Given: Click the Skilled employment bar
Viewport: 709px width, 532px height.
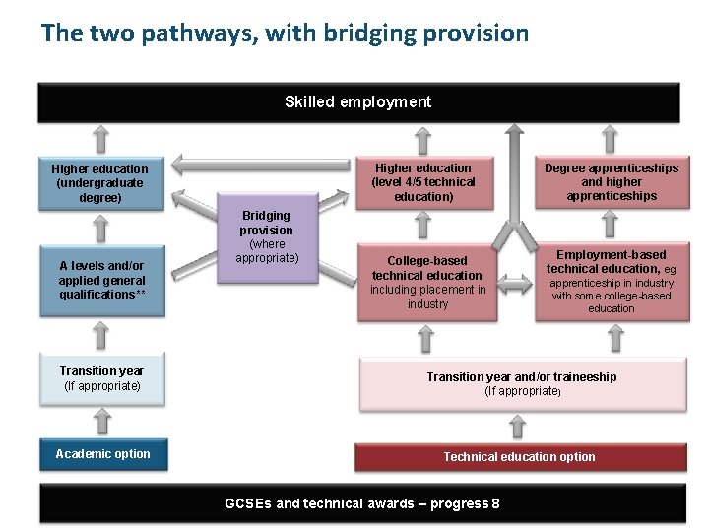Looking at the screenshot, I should click(358, 102).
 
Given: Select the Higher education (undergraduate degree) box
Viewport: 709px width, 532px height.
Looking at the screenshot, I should click(99, 183).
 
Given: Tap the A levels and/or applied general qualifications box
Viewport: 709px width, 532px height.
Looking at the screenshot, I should click(99, 280).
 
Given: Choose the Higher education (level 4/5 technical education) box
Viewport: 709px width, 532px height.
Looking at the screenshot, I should click(423, 182).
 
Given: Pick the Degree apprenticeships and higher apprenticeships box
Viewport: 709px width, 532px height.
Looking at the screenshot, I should click(612, 182).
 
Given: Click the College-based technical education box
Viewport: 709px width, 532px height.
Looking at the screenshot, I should click(427, 283).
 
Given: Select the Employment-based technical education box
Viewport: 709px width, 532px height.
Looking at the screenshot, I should click(612, 283).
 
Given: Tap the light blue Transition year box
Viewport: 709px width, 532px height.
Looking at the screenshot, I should click(101, 378).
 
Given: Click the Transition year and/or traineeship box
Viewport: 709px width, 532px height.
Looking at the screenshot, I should click(521, 384).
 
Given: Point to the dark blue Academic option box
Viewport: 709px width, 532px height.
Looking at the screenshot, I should click(102, 454).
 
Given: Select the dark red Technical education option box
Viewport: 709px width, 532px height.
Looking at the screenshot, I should click(519, 456).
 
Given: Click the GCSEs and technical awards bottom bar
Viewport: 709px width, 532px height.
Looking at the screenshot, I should click(361, 503).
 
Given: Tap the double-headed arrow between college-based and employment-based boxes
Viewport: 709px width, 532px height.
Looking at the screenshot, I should click(512, 285).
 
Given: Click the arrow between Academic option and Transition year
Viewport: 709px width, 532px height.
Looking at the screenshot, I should click(100, 422).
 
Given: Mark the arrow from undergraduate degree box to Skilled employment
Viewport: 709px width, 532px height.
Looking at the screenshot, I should click(100, 136).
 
